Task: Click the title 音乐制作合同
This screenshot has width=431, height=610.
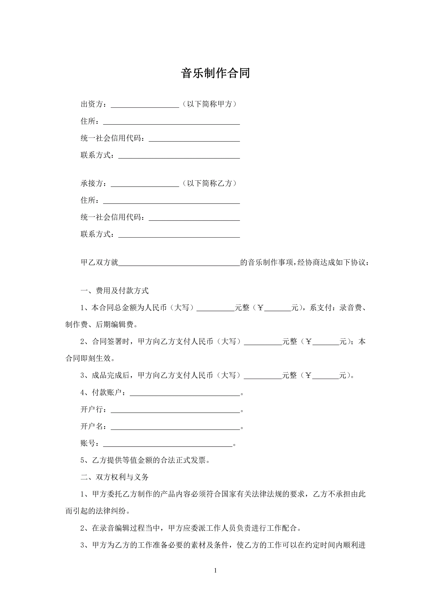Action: [x=215, y=73]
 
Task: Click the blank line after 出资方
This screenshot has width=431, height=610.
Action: [x=145, y=104]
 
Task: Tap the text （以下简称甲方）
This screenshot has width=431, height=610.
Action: [x=209, y=104]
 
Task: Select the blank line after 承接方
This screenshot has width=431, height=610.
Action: [x=145, y=184]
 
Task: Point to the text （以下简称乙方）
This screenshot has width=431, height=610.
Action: [x=209, y=183]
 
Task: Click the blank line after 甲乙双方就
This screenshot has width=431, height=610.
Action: [x=179, y=263]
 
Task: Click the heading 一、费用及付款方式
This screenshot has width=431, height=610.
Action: [x=114, y=291]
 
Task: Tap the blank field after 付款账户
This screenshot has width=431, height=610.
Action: [x=185, y=393]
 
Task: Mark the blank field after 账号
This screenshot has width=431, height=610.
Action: [x=168, y=443]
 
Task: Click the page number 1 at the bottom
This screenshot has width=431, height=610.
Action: [x=215, y=570]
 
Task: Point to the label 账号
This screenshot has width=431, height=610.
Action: [x=88, y=443]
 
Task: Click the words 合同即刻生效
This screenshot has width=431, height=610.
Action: [x=88, y=358]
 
